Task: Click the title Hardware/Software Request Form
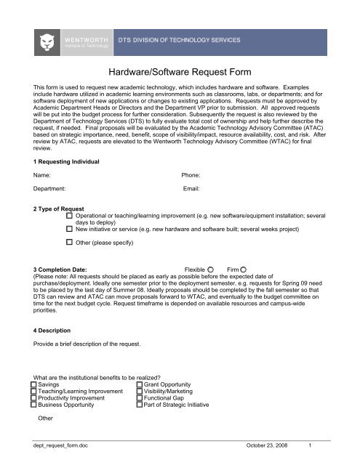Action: pos(178,72)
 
